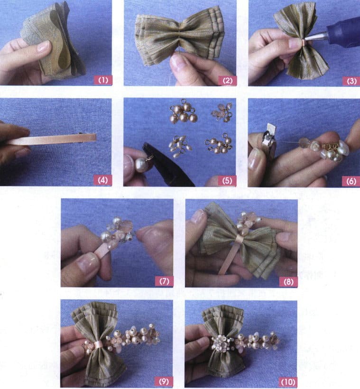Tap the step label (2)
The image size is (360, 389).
(227, 80)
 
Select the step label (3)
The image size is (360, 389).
(351, 81)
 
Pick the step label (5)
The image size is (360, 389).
(227, 180)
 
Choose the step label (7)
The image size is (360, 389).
(164, 281)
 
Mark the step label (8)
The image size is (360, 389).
(288, 281)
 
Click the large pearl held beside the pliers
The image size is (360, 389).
(140, 165)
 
